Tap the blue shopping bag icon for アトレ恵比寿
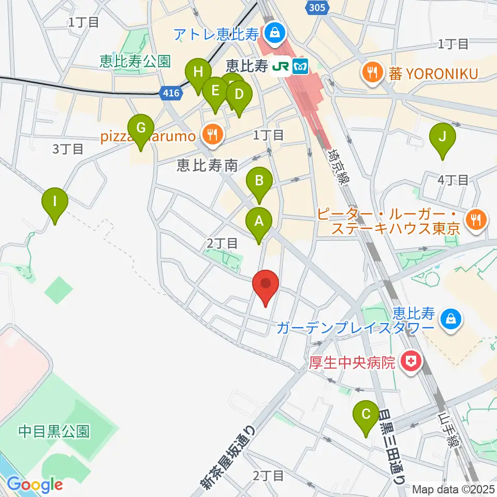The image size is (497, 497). [272, 34]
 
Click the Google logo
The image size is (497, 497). [35, 485]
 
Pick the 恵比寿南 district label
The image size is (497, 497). [207, 165]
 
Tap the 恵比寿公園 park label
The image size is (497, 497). [135, 62]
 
